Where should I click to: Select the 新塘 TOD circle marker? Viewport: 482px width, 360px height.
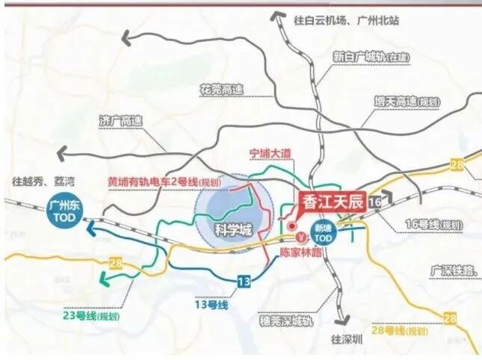(322, 232)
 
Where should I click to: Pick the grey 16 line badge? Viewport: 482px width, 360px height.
(376, 202)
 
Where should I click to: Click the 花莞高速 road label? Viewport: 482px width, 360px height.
(220, 90)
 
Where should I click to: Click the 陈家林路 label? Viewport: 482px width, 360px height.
(298, 253)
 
